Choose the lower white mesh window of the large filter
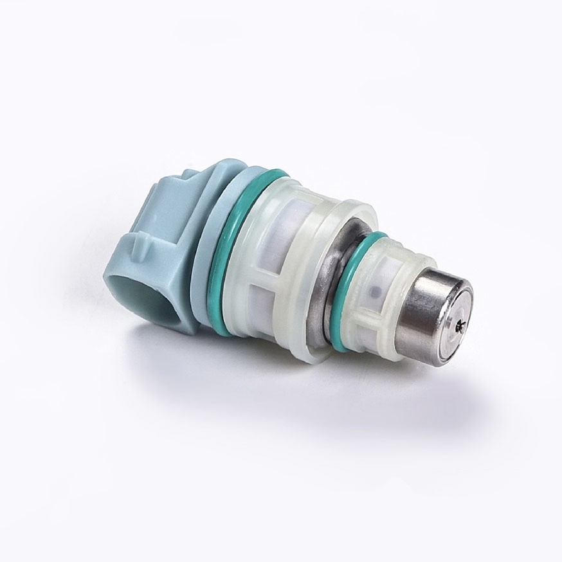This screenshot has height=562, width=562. (283, 309)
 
